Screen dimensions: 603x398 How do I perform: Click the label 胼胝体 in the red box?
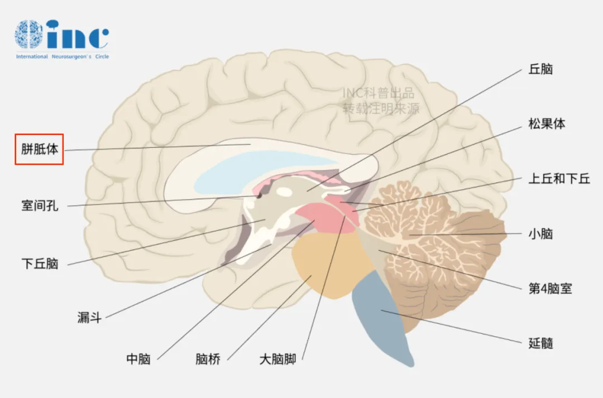click(x=40, y=149)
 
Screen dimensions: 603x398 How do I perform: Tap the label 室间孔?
click(x=40, y=206)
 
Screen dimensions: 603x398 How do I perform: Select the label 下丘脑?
click(x=40, y=264)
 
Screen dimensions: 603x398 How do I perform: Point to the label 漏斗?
click(x=89, y=318)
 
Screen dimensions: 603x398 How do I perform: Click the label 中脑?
click(x=138, y=359)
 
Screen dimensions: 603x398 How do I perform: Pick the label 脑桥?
click(x=208, y=359)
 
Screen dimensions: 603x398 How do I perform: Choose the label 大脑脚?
click(x=277, y=359)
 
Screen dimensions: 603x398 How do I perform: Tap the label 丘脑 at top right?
click(x=540, y=69)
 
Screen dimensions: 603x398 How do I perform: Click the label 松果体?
click(x=547, y=124)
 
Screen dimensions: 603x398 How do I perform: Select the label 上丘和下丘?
click(x=559, y=179)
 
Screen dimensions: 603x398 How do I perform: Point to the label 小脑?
click(x=540, y=234)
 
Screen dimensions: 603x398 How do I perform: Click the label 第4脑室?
click(x=551, y=289)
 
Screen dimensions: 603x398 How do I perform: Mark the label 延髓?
click(x=540, y=343)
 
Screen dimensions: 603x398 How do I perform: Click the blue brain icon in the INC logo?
click(x=29, y=34)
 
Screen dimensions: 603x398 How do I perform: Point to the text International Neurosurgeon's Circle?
click(x=63, y=56)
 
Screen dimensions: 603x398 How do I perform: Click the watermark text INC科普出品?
click(x=379, y=93)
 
